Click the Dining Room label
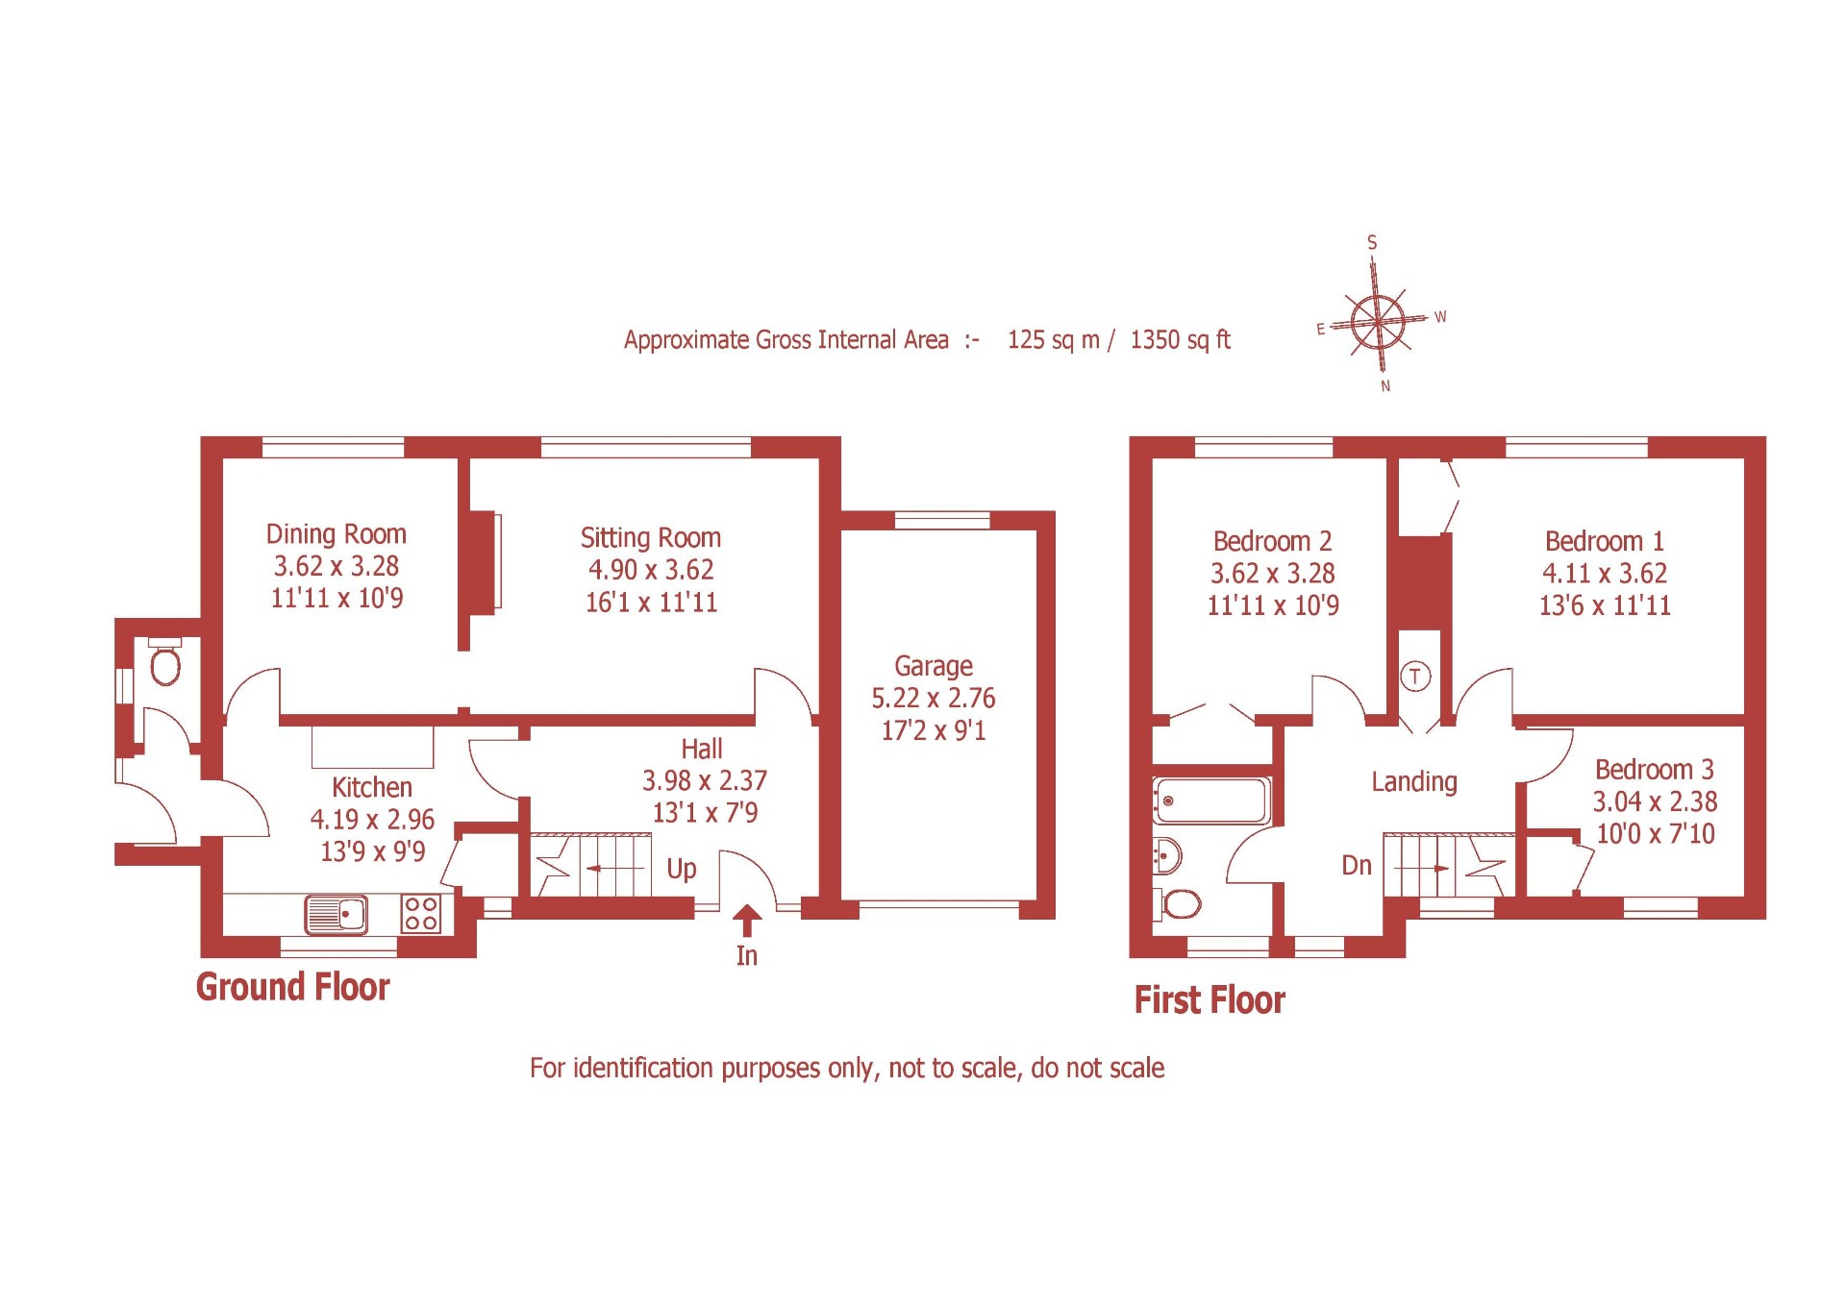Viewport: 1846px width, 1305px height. [x=336, y=534]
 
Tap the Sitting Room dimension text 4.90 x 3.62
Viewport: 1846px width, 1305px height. [x=651, y=570]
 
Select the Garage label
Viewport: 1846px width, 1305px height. [x=933, y=666]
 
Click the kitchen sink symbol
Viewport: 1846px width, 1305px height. [x=336, y=914]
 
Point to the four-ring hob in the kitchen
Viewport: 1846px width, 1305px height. [x=421, y=913]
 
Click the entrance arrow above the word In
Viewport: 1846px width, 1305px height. [x=746, y=920]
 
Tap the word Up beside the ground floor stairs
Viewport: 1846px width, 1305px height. [x=681, y=869]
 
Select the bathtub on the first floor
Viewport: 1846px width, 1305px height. [x=1211, y=800]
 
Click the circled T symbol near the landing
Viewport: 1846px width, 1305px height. [x=1414, y=677]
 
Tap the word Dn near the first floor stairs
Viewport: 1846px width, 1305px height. [x=1356, y=866]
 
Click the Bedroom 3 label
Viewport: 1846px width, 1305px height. [x=1654, y=770]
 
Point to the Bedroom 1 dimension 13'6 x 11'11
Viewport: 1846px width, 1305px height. [x=1604, y=605]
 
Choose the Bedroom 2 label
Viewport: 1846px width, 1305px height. [x=1272, y=541]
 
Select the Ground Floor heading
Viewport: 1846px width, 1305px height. [x=292, y=987]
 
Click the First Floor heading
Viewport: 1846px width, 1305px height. [x=1209, y=1000]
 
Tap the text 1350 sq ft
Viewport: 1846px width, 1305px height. [x=1180, y=340]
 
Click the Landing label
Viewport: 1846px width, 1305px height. [x=1413, y=782]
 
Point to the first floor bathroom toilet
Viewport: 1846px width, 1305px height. [x=1180, y=903]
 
